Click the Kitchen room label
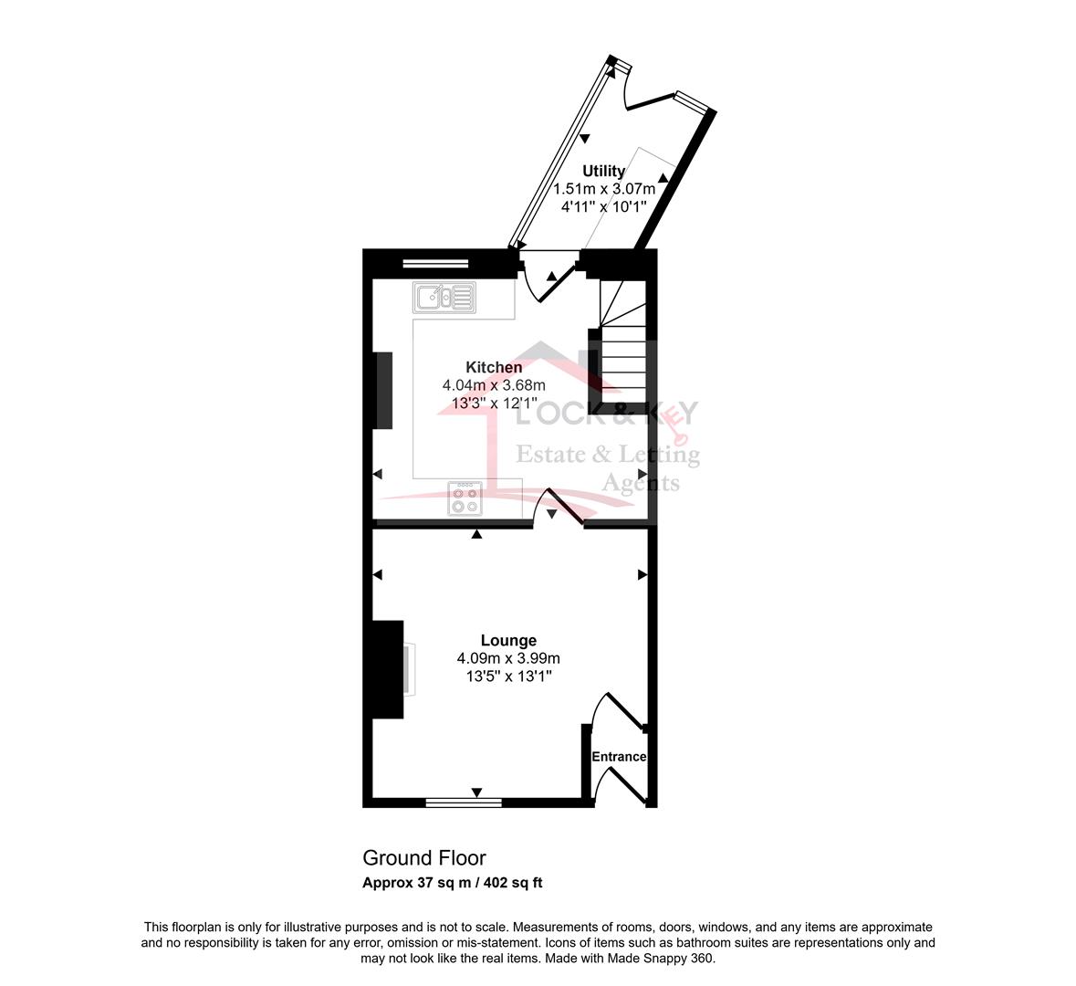point(494,367)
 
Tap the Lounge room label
point(508,641)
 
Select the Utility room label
point(604,171)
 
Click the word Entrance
point(619,757)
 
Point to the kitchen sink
point(444,298)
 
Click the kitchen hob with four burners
point(465,498)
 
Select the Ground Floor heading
point(424,858)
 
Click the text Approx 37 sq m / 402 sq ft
point(453,883)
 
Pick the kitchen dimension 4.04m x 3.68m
point(494,385)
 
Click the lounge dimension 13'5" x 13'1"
point(508,677)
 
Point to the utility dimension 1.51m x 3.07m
point(604,189)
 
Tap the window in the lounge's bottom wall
point(464,802)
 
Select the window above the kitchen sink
point(435,262)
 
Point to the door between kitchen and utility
point(549,276)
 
